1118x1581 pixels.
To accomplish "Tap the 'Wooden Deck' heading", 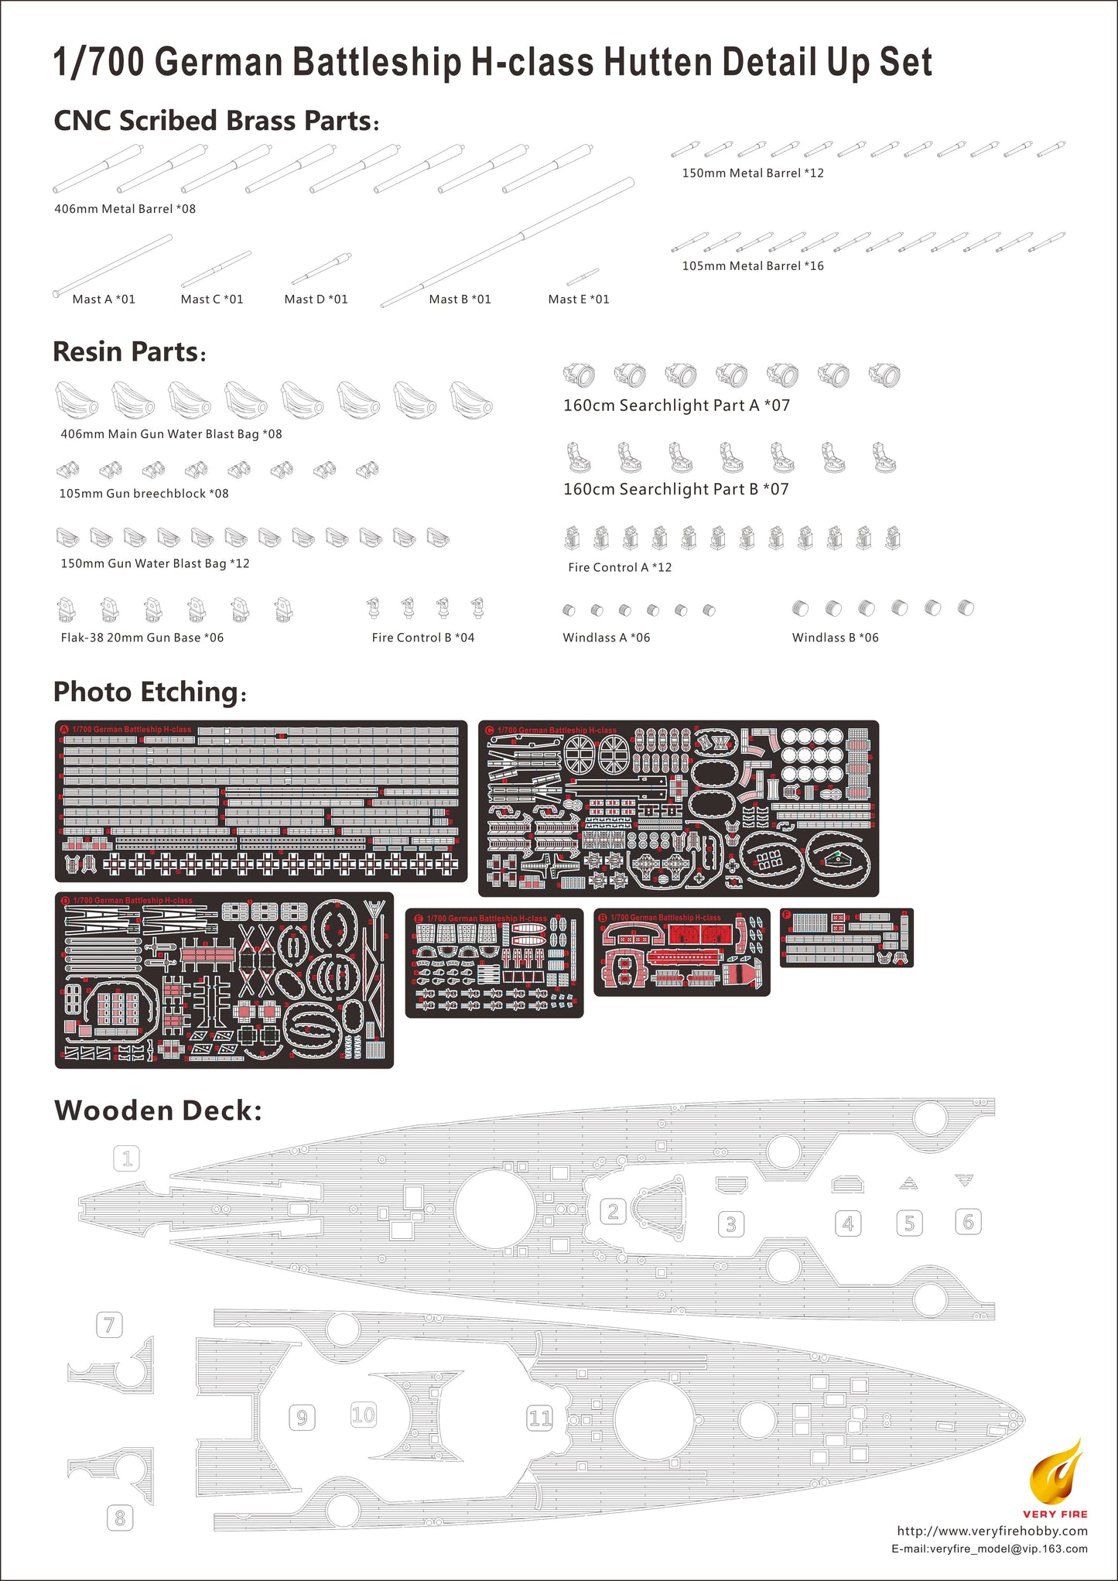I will click(x=158, y=1110).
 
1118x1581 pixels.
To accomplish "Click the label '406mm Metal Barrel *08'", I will click(x=125, y=209).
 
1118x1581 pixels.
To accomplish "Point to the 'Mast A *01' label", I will click(x=104, y=299).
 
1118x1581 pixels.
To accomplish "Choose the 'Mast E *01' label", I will click(x=579, y=299).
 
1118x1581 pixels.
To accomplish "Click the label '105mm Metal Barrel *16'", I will click(x=753, y=266).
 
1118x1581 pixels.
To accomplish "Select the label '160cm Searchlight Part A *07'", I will click(x=676, y=406).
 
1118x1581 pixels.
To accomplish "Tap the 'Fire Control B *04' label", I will click(x=423, y=638).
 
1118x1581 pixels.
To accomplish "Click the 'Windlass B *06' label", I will click(x=836, y=638).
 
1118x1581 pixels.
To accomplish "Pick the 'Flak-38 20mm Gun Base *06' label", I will click(x=142, y=638).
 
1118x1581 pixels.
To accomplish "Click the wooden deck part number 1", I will click(x=127, y=1158).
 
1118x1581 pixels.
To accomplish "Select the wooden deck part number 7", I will click(x=109, y=1325).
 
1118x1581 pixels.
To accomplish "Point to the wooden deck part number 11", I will click(x=540, y=1418).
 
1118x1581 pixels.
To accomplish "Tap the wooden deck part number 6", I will click(x=968, y=1222).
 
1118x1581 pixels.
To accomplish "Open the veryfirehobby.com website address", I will click(x=992, y=1531).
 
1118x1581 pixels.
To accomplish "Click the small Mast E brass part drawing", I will click(x=583, y=276).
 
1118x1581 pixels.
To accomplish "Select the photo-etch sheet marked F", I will click(x=846, y=937).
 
